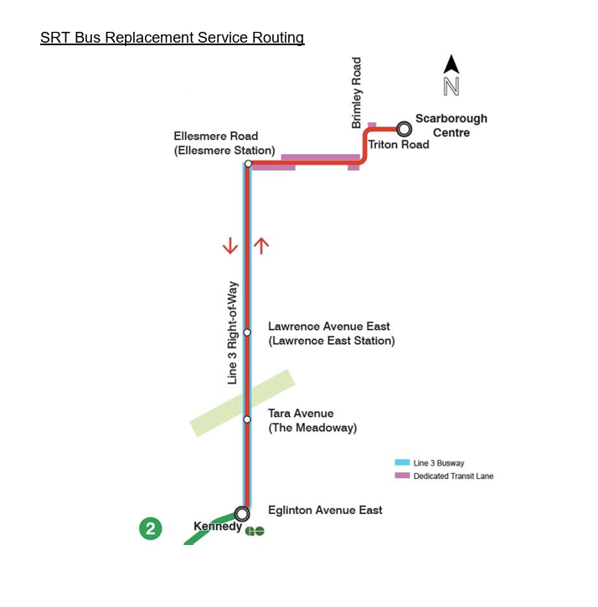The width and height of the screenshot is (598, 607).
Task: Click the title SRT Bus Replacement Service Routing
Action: click(172, 38)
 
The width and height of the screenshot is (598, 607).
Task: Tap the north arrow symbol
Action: click(451, 75)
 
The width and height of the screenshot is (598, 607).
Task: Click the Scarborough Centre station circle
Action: click(405, 128)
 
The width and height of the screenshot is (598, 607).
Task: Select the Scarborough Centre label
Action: click(451, 126)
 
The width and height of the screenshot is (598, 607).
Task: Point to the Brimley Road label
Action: click(357, 92)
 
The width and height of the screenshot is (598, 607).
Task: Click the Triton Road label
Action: click(399, 145)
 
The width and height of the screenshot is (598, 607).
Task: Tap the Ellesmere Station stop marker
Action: click(248, 163)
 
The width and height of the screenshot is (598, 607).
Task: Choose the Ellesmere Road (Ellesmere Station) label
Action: click(224, 143)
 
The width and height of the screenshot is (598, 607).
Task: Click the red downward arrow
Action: click(230, 246)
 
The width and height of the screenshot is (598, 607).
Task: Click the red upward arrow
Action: click(261, 245)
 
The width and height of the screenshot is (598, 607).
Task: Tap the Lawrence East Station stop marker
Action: click(247, 332)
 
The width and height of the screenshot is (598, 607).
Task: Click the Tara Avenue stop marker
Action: click(247, 419)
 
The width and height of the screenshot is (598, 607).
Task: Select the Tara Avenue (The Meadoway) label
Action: click(312, 420)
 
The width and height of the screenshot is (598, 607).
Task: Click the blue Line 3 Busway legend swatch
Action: click(402, 462)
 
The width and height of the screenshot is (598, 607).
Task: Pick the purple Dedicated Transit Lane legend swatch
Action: click(402, 476)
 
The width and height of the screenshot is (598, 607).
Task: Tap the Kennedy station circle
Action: click(242, 513)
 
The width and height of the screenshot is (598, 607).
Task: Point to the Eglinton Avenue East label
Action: click(325, 510)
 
